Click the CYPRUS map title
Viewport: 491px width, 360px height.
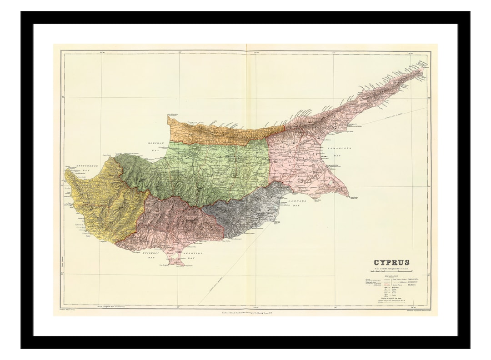(x=391, y=262)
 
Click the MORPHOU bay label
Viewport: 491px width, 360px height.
(x=155, y=145)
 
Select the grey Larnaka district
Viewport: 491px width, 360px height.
(x=245, y=211)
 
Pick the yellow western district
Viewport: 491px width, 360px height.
(x=98, y=200)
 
